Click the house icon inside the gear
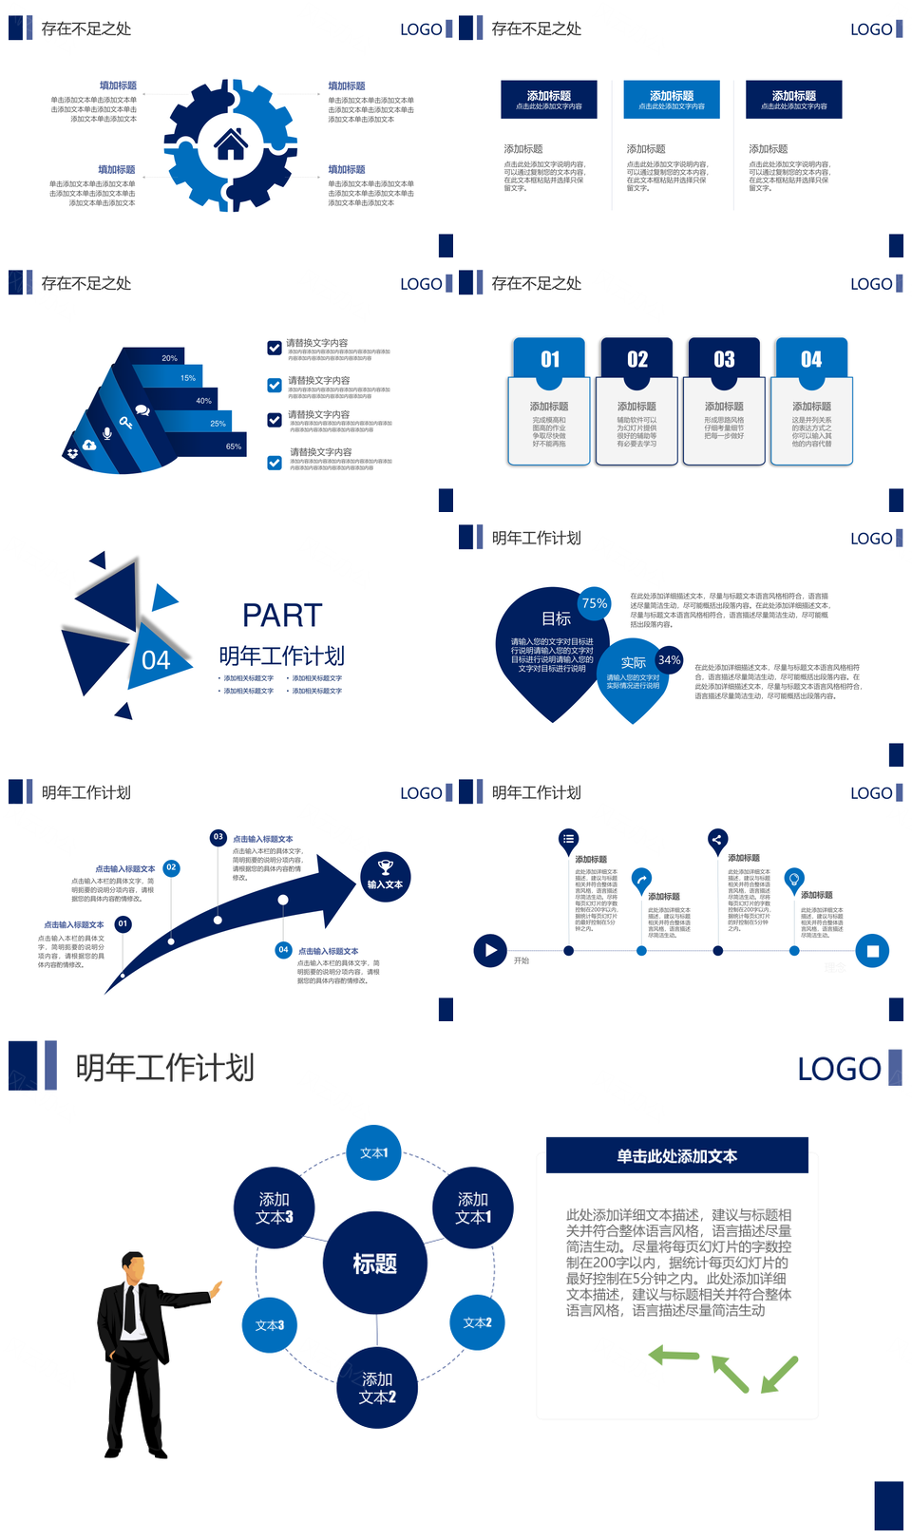click(x=231, y=144)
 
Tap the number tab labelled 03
click(x=724, y=359)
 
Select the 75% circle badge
click(x=595, y=603)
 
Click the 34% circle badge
click(x=669, y=659)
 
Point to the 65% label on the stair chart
click(x=234, y=446)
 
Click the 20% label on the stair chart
click(x=169, y=358)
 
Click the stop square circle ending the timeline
click(x=872, y=950)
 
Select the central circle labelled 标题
click(x=375, y=1263)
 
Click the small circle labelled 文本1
click(x=374, y=1152)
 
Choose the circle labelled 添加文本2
click(x=377, y=1388)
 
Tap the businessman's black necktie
click(x=130, y=1307)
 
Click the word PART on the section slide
click(x=282, y=616)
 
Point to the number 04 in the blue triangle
click(x=156, y=660)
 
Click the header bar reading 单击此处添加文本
click(x=676, y=1156)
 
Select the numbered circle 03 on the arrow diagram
click(x=218, y=837)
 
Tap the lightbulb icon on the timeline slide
click(x=793, y=878)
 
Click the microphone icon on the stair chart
click(x=107, y=433)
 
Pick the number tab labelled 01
click(x=550, y=359)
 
